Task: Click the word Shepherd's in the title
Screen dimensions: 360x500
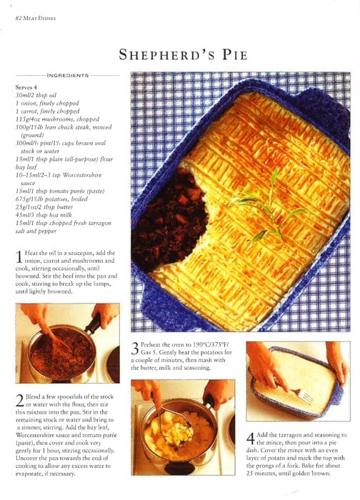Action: [166, 54]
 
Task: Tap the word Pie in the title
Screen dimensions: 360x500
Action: [235, 54]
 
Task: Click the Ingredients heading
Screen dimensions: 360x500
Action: [68, 75]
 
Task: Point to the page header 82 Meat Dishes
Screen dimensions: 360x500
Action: [36, 18]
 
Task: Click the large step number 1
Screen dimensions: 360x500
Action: [19, 257]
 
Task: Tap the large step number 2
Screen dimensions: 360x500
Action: [20, 401]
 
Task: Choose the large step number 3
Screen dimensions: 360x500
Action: [135, 349]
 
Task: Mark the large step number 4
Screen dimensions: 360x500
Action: [251, 439]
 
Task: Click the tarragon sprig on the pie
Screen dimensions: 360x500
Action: [265, 207]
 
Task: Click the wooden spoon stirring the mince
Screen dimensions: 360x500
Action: [57, 339]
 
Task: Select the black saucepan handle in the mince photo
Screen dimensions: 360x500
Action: [93, 324]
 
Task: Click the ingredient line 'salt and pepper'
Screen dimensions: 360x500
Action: [36, 231]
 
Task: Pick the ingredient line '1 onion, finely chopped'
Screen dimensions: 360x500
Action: [47, 104]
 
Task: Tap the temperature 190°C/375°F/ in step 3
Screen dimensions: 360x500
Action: [206, 345]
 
